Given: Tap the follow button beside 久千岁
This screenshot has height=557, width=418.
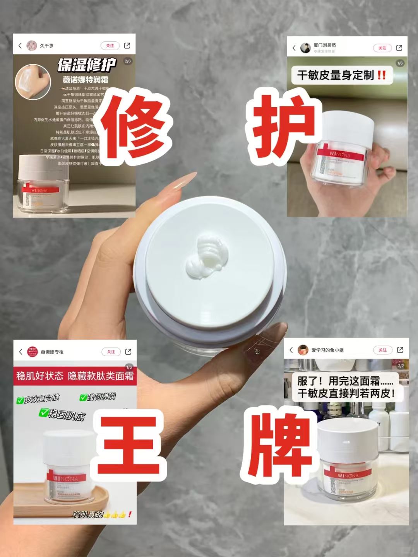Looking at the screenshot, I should click(110, 46).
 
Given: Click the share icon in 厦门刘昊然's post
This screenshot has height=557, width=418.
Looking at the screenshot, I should click(399, 48).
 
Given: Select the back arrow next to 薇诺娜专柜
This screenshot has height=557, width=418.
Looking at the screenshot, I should click(21, 352).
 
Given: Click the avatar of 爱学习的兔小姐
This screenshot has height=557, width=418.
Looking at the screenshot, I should click(303, 350).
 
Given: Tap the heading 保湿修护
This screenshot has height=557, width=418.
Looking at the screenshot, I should click(87, 65).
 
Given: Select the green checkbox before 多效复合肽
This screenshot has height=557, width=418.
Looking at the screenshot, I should click(20, 400).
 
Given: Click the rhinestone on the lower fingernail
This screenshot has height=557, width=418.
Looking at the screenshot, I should click(256, 351).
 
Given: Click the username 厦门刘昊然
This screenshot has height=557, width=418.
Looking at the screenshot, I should click(324, 45).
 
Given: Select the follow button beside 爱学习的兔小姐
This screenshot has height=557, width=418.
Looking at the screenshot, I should click(382, 350).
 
